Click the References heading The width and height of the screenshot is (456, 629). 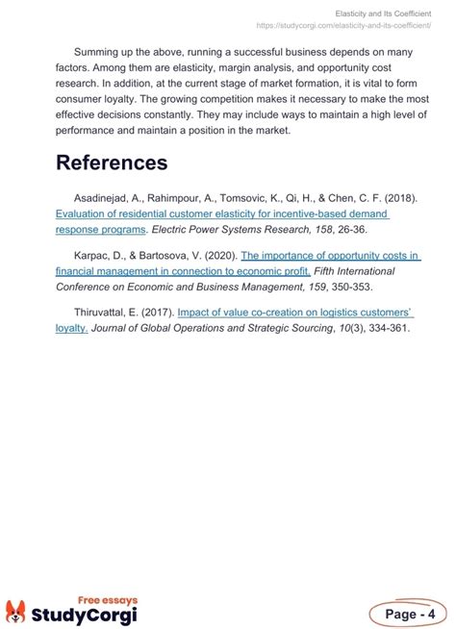[x=112, y=163]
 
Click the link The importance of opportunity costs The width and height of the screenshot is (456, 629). [x=330, y=256]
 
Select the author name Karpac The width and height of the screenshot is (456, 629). [x=94, y=256]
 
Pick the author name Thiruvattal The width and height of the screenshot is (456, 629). [x=105, y=312]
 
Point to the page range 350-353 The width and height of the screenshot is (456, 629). [x=353, y=286]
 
